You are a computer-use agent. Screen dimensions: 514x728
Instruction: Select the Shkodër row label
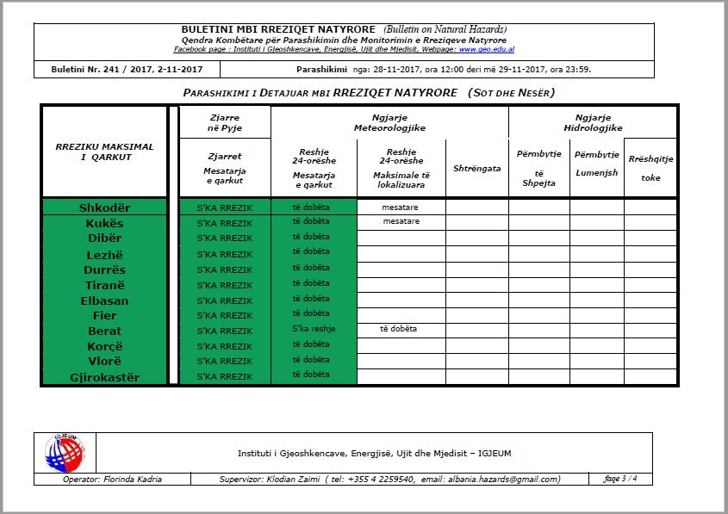point(104,207)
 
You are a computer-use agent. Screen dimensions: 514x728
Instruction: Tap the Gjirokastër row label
point(104,377)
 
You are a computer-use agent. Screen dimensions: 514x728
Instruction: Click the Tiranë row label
point(104,285)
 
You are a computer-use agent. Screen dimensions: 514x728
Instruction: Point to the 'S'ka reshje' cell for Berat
point(314,329)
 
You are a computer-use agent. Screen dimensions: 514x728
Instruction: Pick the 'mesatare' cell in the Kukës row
point(401,221)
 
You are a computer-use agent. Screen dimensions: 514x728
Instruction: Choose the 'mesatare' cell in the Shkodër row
point(401,207)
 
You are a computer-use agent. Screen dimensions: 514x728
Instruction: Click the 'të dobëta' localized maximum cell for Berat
point(401,329)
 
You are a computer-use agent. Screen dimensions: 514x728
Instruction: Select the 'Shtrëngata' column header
point(476,169)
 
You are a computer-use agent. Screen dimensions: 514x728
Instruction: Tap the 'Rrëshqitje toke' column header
point(650,169)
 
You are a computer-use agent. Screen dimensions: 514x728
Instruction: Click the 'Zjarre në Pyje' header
point(225,122)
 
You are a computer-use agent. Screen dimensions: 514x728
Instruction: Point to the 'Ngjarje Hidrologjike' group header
point(593,122)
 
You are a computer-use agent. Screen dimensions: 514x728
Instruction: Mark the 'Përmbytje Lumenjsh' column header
point(596,164)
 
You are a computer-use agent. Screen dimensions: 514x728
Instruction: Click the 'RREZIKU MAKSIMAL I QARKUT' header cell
point(104,152)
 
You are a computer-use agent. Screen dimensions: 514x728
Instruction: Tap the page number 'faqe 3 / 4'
point(620,479)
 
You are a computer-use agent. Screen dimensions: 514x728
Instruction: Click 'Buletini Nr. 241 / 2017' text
point(97,69)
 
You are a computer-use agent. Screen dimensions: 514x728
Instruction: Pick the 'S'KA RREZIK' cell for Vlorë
point(225,362)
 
